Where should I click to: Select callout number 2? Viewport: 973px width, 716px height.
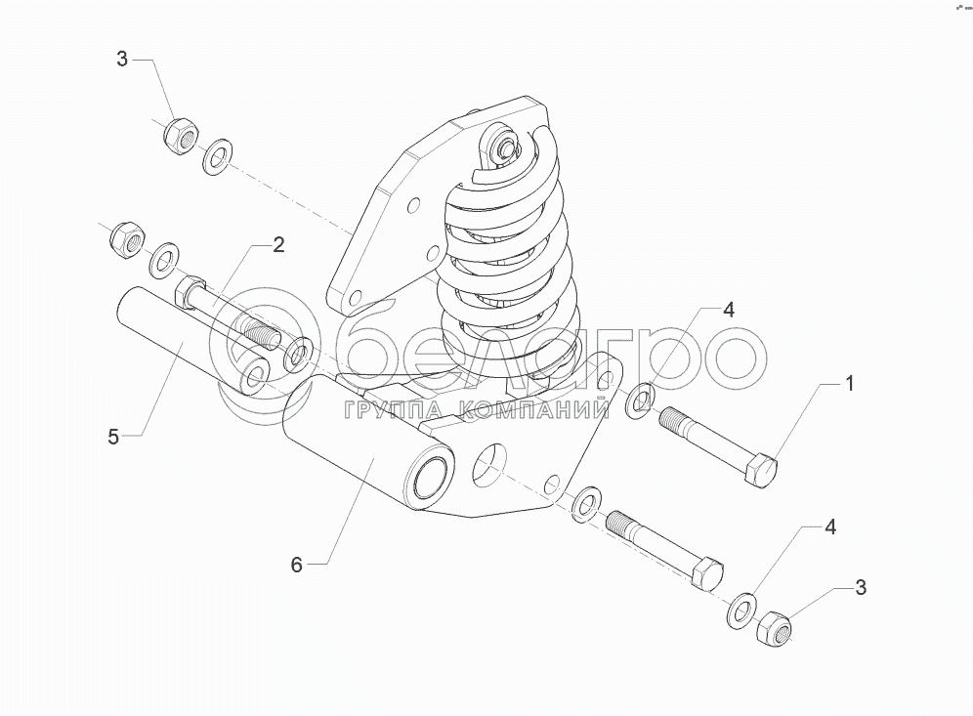pyautogui.click(x=278, y=244)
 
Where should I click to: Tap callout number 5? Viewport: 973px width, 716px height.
pyautogui.click(x=113, y=437)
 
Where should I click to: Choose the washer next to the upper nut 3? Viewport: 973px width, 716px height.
pyautogui.click(x=217, y=155)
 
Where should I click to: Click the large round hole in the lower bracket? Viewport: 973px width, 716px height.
pyautogui.click(x=491, y=463)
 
